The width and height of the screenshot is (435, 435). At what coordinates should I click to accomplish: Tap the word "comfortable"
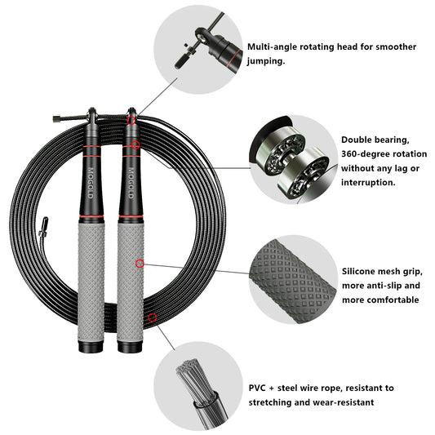pyautogui.click(x=370, y=300)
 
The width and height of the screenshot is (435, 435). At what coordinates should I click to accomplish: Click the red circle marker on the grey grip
pyautogui.click(x=140, y=263)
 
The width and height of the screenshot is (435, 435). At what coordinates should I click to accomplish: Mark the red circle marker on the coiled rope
pyautogui.click(x=152, y=317)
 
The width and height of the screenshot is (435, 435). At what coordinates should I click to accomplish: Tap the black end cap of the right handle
pyautogui.click(x=130, y=345)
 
